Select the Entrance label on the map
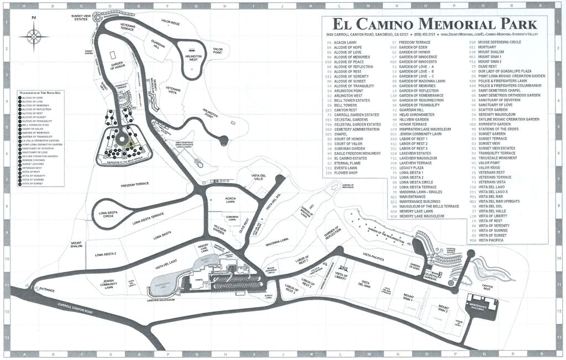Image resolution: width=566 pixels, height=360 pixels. [46, 290]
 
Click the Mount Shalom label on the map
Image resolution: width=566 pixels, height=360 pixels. [76, 245]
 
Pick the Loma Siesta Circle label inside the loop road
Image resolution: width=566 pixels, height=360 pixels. [109, 213]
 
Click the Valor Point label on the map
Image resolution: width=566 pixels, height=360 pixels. [221, 51]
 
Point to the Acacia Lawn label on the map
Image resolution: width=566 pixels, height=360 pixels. [230, 200]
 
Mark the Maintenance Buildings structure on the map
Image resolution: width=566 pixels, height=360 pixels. [479, 305]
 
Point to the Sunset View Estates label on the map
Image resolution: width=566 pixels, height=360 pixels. [82, 18]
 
